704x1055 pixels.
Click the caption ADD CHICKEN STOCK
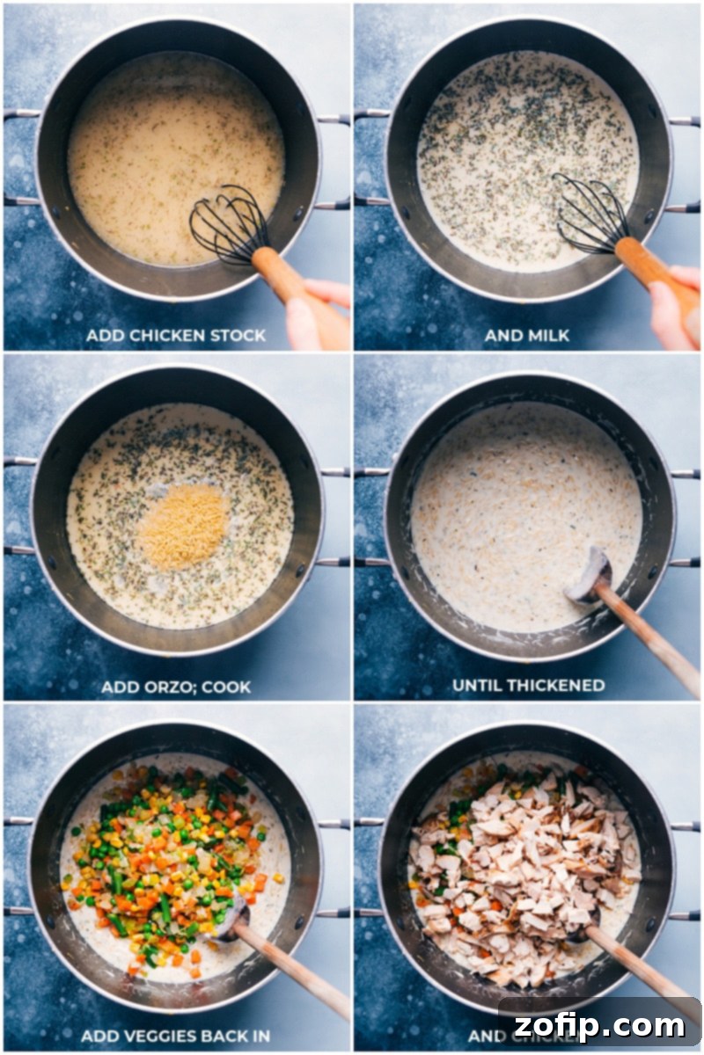176,335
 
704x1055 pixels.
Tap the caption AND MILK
527,335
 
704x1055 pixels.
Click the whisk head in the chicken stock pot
227,224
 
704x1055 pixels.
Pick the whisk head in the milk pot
588,213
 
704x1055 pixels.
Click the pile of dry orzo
183,527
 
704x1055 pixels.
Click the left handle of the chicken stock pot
19,158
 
